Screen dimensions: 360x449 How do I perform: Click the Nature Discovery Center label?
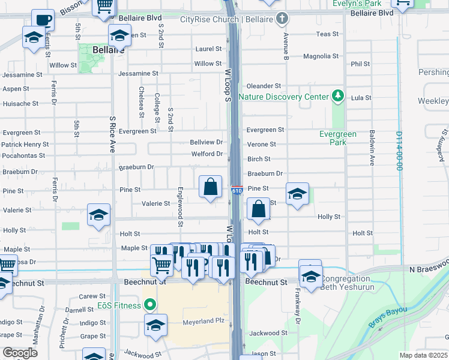click(x=283, y=97)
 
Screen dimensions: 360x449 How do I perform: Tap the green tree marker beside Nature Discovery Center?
click(x=338, y=96)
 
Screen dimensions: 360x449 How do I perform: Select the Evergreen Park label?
click(x=338, y=139)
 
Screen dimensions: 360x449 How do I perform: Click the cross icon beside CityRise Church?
click(x=280, y=19)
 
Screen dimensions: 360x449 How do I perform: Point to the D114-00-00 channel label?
click(x=399, y=151)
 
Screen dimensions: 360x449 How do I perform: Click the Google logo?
click(x=20, y=352)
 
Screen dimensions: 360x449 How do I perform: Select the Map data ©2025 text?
click(x=423, y=355)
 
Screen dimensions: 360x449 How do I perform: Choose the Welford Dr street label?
click(x=206, y=154)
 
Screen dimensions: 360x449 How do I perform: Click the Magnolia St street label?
click(x=321, y=56)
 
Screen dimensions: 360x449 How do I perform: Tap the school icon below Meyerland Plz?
click(x=155, y=326)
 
